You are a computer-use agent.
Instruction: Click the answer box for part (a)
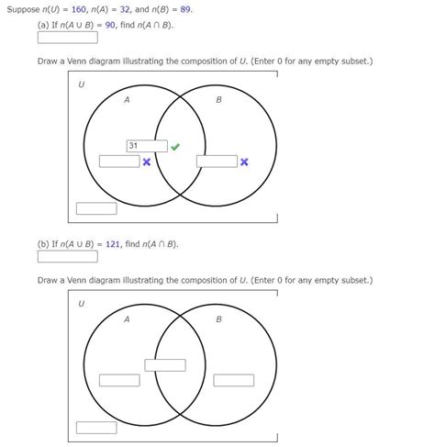[x=67, y=39]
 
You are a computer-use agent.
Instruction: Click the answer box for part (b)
[x=67, y=257]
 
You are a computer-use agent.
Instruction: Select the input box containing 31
[x=147, y=146]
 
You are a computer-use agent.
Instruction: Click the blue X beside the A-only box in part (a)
[x=147, y=162]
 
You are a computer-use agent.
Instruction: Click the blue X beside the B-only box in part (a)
[x=244, y=162]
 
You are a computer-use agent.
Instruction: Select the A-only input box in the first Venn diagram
[x=119, y=162]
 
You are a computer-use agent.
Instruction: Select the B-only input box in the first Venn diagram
[x=217, y=162]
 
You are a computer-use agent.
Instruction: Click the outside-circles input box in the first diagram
[x=96, y=208]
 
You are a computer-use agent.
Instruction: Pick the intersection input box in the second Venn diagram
[x=165, y=364]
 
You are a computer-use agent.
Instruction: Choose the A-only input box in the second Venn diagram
[x=119, y=380]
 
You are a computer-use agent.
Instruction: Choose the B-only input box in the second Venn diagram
[x=233, y=380]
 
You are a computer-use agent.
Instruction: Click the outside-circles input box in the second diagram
[x=96, y=427]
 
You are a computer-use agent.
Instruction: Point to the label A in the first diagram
[x=127, y=100]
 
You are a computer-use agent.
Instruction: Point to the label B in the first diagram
[x=218, y=100]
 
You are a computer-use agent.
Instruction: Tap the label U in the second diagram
[x=81, y=302]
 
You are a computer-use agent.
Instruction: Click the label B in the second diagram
[x=218, y=319]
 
